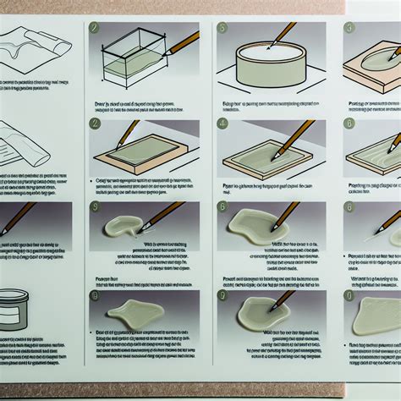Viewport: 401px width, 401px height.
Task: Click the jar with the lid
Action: click(11, 310)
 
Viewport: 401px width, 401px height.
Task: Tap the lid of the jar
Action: click(11, 297)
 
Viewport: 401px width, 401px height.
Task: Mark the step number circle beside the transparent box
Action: click(94, 28)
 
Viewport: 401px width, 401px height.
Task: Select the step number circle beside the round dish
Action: click(222, 28)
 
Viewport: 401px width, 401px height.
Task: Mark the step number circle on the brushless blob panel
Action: click(94, 295)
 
